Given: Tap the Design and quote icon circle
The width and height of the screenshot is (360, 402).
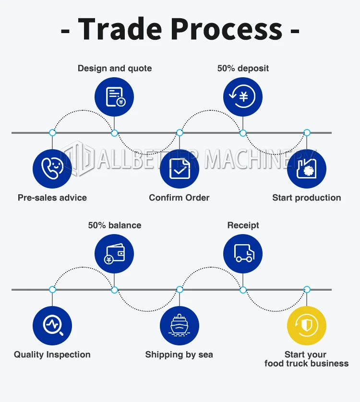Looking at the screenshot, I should [114, 97].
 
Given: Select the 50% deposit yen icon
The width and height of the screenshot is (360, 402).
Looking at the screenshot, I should [243, 97].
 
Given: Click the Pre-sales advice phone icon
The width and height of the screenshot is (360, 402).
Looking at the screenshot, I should [52, 168].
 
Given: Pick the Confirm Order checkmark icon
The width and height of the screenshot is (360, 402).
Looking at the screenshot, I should [179, 168].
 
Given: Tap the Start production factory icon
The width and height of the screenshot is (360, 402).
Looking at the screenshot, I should [307, 168].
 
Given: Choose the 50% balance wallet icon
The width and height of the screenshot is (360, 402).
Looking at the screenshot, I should [114, 254].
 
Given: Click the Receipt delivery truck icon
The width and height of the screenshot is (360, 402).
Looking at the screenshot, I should [243, 254].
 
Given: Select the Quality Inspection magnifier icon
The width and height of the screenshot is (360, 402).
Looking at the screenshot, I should [52, 326].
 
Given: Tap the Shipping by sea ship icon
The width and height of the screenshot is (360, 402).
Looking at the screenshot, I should [179, 326].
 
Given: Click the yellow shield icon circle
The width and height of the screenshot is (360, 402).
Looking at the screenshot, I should [307, 326].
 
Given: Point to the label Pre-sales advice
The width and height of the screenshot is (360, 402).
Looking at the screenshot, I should [52, 198].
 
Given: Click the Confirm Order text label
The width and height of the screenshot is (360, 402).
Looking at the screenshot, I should [179, 198].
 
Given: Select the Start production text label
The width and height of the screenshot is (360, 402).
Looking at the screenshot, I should [307, 198].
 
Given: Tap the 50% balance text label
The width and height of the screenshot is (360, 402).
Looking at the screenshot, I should [115, 225].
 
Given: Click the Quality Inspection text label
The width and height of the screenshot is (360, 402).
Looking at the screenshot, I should [52, 355].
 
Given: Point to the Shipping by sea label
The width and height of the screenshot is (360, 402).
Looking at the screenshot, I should [179, 355].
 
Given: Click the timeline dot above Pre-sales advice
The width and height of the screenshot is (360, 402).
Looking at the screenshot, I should [52, 132].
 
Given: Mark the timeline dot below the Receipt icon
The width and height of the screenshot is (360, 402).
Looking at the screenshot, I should [243, 290].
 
